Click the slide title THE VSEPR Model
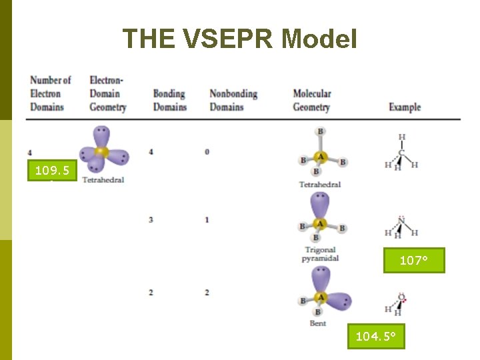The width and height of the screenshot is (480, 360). tap(240, 39)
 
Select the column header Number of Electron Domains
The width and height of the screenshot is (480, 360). tap(50, 93)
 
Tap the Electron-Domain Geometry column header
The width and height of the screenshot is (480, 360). tap(107, 93)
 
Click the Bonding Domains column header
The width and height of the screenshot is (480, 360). tap(169, 100)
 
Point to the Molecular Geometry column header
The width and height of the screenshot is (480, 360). tap(312, 100)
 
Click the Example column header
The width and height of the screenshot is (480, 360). tap(405, 107)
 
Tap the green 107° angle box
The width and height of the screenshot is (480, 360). tap(413, 260)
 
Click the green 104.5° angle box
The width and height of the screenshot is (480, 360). tap(375, 337)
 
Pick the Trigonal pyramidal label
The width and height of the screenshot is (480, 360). tap(320, 254)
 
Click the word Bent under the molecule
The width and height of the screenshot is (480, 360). tap(318, 323)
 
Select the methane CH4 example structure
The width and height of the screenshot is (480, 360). tap(401, 153)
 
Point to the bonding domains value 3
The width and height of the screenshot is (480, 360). tap(151, 219)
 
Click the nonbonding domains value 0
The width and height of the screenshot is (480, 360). tap(207, 152)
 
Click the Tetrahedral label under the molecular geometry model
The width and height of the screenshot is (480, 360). tap(320, 185)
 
